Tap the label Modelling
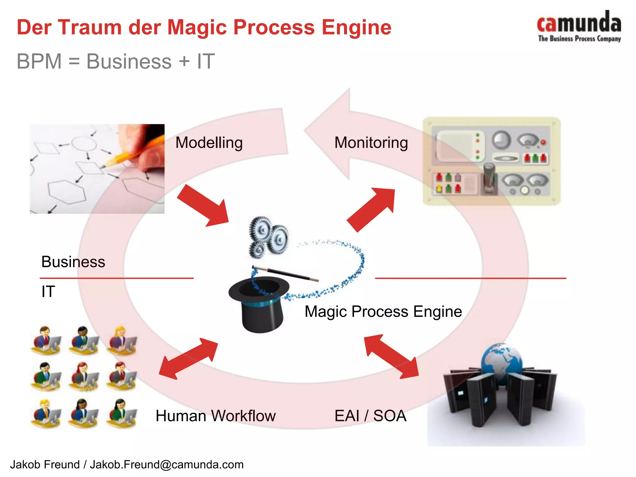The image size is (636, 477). (x=209, y=143)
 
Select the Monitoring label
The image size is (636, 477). (x=371, y=143)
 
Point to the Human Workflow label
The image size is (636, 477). (x=216, y=416)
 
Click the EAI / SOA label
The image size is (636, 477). (x=370, y=416)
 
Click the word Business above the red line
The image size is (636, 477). (x=73, y=262)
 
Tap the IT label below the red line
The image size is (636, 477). (x=48, y=292)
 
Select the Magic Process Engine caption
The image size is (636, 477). (x=383, y=311)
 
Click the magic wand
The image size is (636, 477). (x=286, y=273)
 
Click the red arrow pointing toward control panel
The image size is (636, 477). (x=371, y=210)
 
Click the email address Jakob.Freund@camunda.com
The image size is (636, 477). (x=167, y=465)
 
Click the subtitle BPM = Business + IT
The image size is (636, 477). (x=116, y=61)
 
